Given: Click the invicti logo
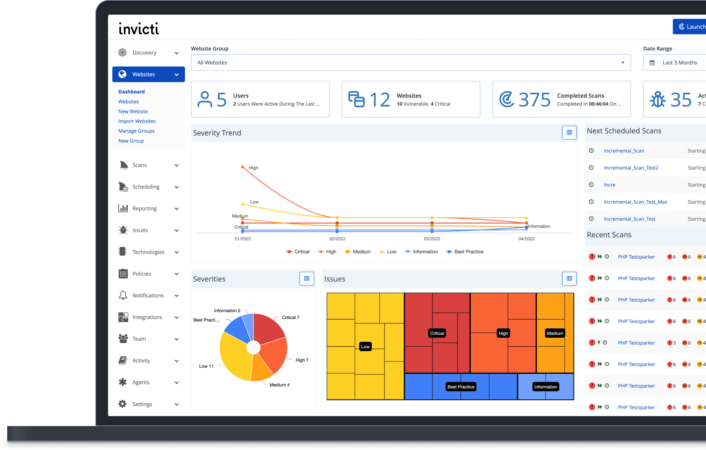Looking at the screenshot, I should tap(139, 28).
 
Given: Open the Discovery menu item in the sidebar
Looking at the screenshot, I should tap(144, 53).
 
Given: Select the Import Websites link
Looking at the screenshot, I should tap(137, 121).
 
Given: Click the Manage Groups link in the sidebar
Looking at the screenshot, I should tap(136, 131).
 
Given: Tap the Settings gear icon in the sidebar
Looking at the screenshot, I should tap(123, 404).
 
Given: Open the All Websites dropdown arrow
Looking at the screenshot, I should tap(623, 63).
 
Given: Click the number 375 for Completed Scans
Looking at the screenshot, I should tap(534, 100).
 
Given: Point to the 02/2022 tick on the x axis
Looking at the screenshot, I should tap(337, 239).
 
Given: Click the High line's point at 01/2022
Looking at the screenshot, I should tap(243, 167).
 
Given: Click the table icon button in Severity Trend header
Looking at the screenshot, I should tap(569, 133).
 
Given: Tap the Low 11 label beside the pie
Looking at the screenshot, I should tap(206, 366).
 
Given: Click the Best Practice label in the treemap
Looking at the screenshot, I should tap(461, 387).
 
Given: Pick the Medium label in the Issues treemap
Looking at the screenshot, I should tap(555, 333).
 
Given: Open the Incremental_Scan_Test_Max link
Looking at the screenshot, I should tap(635, 202).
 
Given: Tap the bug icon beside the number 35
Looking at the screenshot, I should tap(658, 100).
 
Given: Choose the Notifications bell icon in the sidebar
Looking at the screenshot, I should tap(123, 295).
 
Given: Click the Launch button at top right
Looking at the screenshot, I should tap(691, 27).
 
